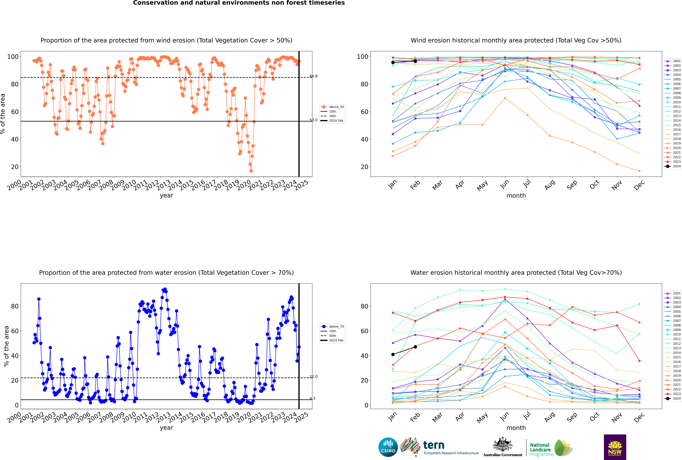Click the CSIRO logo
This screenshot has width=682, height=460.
(x=388, y=447)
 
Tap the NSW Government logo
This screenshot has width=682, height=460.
(x=615, y=447)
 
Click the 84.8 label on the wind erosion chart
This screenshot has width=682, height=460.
(x=313, y=76)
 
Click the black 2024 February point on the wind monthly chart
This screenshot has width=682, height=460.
(x=415, y=61)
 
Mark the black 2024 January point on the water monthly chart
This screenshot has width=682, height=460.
(x=393, y=354)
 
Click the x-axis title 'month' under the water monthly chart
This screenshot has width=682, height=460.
(x=516, y=428)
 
